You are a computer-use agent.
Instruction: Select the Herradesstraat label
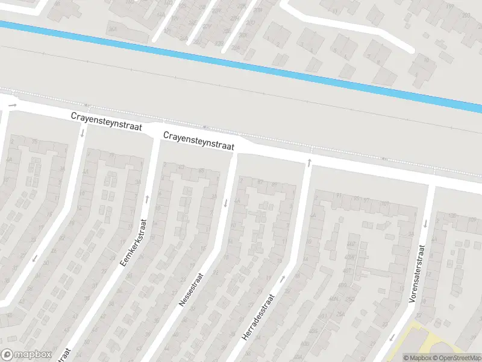(258, 317)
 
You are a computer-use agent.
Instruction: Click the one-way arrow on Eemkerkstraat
(146, 198)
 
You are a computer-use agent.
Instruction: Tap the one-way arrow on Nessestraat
(226, 203)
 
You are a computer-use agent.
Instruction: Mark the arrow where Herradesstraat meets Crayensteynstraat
(308, 162)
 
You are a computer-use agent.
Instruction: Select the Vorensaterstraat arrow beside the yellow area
(392, 337)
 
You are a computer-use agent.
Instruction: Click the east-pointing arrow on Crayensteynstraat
(12, 105)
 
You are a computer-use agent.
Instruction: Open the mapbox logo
(25, 355)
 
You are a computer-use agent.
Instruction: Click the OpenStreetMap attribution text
(457, 358)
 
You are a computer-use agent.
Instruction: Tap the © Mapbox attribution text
(417, 358)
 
